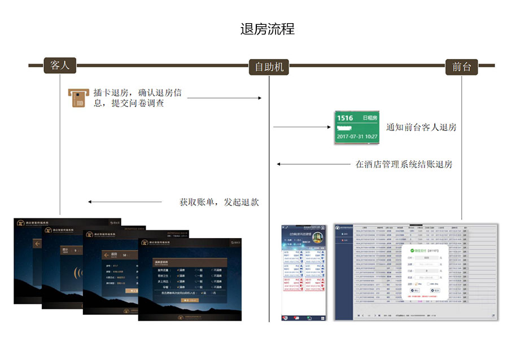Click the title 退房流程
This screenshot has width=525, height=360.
pyautogui.click(x=268, y=29)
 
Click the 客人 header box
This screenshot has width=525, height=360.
pyautogui.click(x=60, y=65)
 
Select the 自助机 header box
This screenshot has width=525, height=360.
pyautogui.click(x=269, y=67)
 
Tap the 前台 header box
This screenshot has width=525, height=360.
pyautogui.click(x=461, y=67)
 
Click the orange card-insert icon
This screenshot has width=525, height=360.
pyautogui.click(x=76, y=97)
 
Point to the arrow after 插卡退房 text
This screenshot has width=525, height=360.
pyautogui.click(x=224, y=98)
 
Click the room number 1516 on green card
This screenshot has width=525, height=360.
pyautogui.click(x=345, y=118)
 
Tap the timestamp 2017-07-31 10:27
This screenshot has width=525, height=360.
pyautogui.click(x=357, y=137)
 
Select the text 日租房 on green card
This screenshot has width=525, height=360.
pyautogui.click(x=370, y=118)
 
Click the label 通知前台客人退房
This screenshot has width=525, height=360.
pyautogui.click(x=421, y=128)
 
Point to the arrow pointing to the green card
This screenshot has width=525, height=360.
pyautogui.click(x=302, y=128)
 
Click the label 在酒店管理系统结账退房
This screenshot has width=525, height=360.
pyautogui.click(x=404, y=165)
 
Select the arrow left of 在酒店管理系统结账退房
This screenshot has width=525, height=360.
pyautogui.click(x=313, y=165)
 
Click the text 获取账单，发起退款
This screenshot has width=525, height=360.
pyautogui.click(x=219, y=202)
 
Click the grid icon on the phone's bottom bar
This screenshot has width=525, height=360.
pyautogui.click(x=322, y=318)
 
